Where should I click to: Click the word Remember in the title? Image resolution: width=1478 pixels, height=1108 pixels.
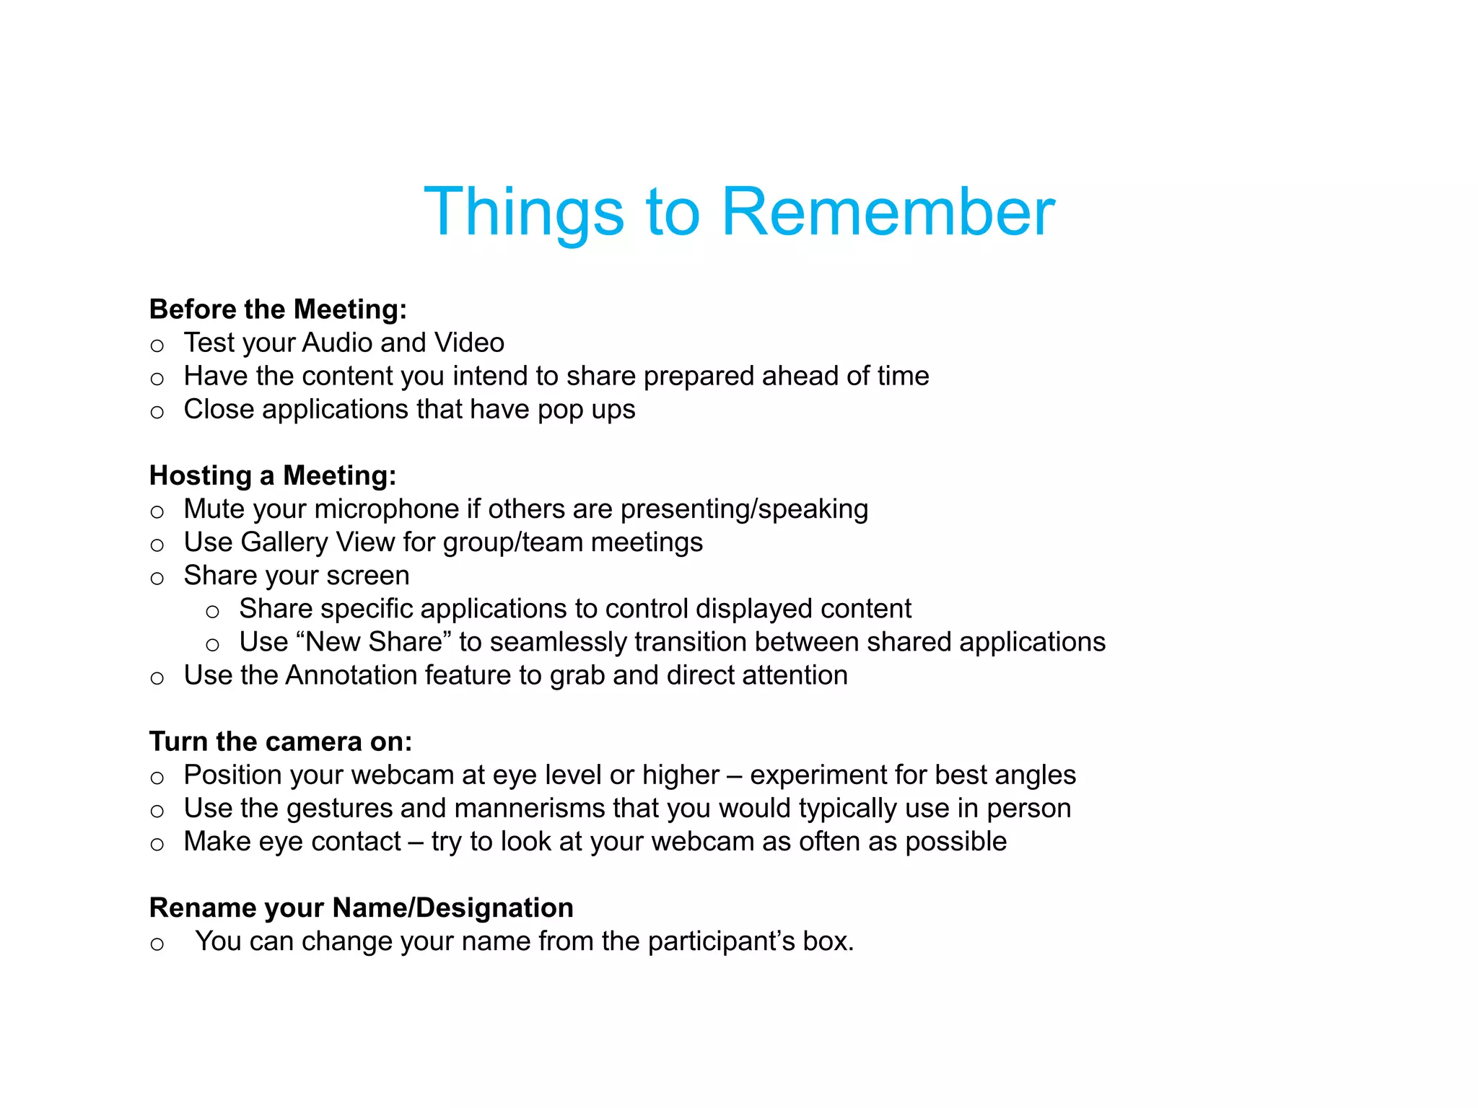[x=888, y=212]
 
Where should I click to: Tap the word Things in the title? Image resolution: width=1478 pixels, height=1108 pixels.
[x=524, y=212]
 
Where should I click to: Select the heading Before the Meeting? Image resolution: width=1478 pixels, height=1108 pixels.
[x=278, y=309]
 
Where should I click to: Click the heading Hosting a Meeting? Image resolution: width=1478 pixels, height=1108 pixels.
[x=273, y=476]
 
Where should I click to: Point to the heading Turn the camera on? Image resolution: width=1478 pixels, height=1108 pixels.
[x=281, y=742]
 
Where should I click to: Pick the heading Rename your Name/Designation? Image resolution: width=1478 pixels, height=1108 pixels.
[x=361, y=907]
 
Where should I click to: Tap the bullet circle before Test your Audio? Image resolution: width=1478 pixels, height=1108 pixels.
[x=157, y=346]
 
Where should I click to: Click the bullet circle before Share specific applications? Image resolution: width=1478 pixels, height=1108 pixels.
[x=212, y=612]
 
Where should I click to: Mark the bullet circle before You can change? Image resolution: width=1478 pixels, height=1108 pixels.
[x=157, y=944]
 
